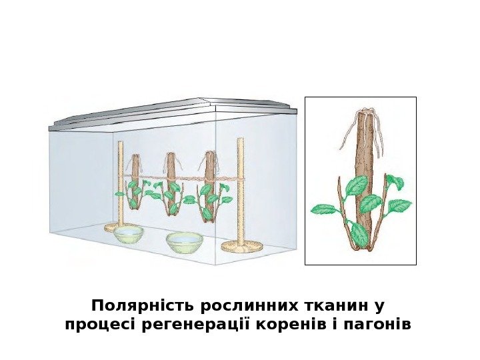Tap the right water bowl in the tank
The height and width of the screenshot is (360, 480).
click(x=184, y=243)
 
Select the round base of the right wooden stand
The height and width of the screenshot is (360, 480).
click(x=240, y=247)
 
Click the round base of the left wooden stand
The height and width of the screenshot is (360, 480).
click(x=119, y=227)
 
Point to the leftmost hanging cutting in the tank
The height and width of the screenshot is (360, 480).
click(x=135, y=187)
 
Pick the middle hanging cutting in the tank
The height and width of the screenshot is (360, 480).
click(x=171, y=187)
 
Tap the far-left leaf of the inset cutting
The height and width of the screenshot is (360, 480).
click(x=325, y=209)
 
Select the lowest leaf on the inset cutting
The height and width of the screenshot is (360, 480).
click(x=360, y=233)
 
